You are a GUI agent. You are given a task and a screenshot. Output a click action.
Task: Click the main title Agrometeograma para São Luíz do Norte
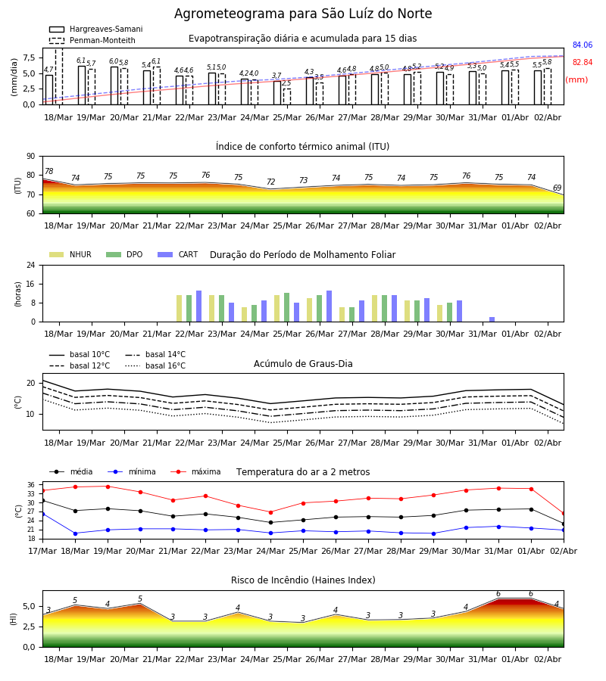coord(303,14)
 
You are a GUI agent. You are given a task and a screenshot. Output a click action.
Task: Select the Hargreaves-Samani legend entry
coord(96,29)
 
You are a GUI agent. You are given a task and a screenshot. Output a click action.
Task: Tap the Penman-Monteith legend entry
coord(92,40)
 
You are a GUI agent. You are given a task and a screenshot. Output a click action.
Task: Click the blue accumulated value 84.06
coord(583,45)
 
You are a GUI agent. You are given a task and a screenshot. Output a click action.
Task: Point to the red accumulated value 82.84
coord(583,62)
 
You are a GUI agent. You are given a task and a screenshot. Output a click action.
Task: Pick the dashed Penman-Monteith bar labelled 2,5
coord(287,96)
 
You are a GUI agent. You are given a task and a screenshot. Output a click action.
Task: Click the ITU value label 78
coord(49,171)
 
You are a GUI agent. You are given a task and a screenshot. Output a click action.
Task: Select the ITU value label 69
coord(557,188)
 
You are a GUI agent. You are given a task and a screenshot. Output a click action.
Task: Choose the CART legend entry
coord(178,254)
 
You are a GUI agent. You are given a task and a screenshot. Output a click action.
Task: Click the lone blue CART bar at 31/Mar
coord(492,319)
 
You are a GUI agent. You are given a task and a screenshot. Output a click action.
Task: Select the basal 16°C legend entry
coord(155,365)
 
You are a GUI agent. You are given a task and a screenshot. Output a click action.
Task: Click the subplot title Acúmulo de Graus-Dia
coord(303,364)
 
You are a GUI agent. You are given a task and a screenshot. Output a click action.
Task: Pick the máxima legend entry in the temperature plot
coord(196,471)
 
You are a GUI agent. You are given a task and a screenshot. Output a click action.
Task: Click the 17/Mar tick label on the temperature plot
coord(42,551)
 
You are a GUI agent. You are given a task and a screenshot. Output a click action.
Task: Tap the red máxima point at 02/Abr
coord(564,514)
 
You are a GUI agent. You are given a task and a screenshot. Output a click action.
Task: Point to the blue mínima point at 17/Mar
coord(42,515)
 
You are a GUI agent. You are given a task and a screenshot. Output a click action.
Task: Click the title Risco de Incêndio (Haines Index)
coord(303,580)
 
